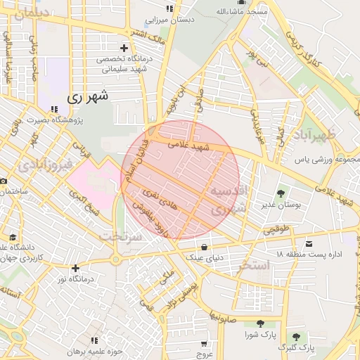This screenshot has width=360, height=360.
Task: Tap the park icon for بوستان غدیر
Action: click(x=281, y=193)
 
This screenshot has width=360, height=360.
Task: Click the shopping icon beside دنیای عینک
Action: click(x=204, y=247)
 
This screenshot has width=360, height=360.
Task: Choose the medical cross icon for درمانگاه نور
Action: click(x=75, y=267)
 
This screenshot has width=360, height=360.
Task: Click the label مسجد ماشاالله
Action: click(x=242, y=12)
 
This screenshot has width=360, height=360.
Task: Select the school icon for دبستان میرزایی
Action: click(x=169, y=8)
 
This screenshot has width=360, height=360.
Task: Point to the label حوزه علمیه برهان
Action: click(x=96, y=351)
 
